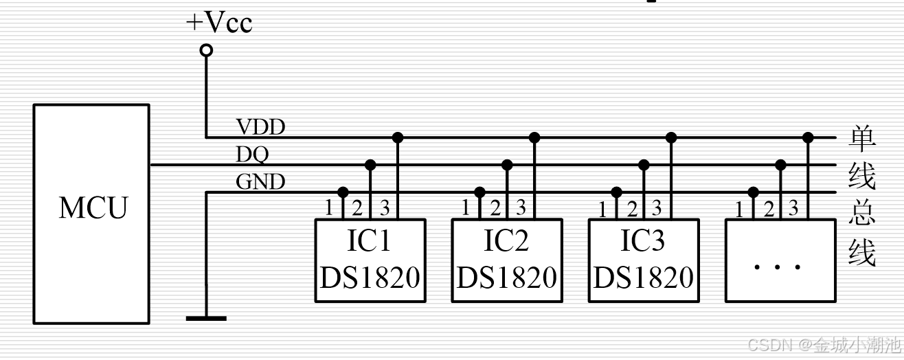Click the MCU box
91,214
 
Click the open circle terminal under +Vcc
205,50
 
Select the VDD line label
260,127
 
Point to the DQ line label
252,155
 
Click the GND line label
260,182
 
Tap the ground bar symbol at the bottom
206,317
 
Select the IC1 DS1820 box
370,260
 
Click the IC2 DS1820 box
506,260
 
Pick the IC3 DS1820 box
644,260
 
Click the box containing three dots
780,260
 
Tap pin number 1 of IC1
329,207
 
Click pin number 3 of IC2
521,207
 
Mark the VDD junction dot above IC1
397,137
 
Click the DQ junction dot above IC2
507,165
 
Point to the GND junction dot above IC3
617,192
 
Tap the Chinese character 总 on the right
862,214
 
